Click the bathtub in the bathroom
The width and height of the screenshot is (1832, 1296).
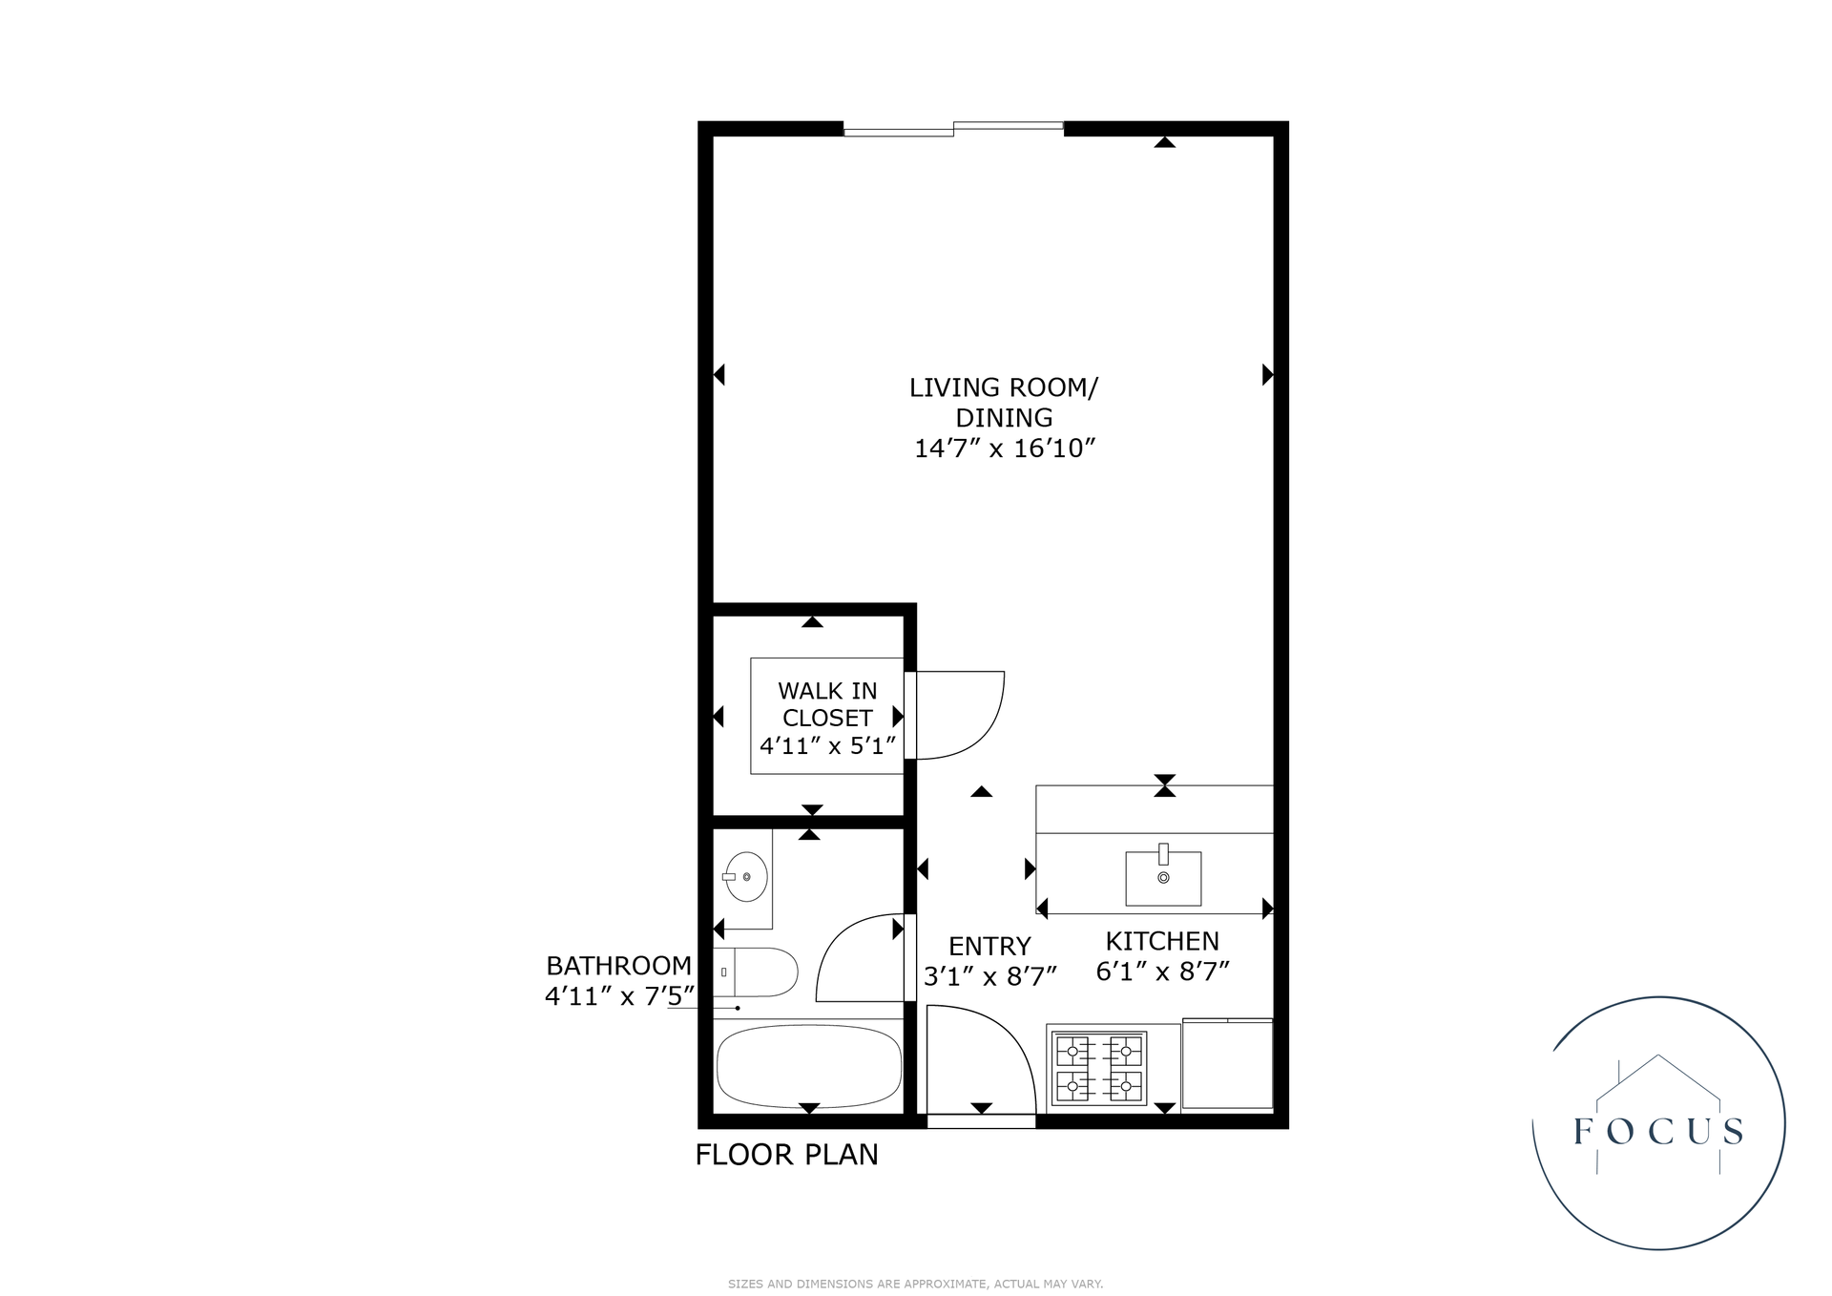pyautogui.click(x=808, y=1065)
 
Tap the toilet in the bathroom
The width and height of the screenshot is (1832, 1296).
pyautogui.click(x=756, y=972)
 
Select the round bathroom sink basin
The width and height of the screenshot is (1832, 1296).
pyautogui.click(x=746, y=875)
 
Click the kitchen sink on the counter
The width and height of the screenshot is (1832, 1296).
pyautogui.click(x=1163, y=877)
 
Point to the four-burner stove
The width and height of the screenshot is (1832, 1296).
pyautogui.click(x=1099, y=1068)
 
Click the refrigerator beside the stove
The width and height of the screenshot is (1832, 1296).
pyautogui.click(x=1227, y=1064)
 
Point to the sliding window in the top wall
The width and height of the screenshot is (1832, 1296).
pyautogui.click(x=953, y=129)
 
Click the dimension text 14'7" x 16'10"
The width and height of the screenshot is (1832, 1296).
pyautogui.click(x=1005, y=448)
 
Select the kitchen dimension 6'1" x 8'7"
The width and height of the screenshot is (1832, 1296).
pyautogui.click(x=1162, y=972)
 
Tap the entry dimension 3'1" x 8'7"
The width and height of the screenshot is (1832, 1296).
pyautogui.click(x=990, y=976)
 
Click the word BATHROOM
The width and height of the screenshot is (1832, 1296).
pyautogui.click(x=618, y=966)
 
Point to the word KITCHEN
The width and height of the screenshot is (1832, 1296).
pyautogui.click(x=1162, y=941)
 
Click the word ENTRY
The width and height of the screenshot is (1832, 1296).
pyautogui.click(x=989, y=946)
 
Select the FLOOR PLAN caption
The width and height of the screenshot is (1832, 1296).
pyautogui.click(x=786, y=1155)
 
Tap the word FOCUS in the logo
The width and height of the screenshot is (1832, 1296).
pyautogui.click(x=1659, y=1132)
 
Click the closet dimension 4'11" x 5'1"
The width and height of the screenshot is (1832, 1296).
pyautogui.click(x=827, y=745)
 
